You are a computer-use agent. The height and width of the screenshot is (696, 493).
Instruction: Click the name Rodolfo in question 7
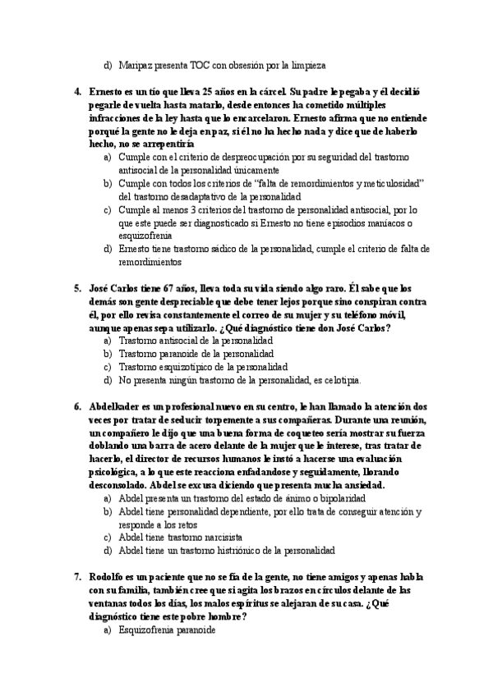click(110, 577)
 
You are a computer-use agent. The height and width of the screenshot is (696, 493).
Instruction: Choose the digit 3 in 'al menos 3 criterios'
click(179, 209)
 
